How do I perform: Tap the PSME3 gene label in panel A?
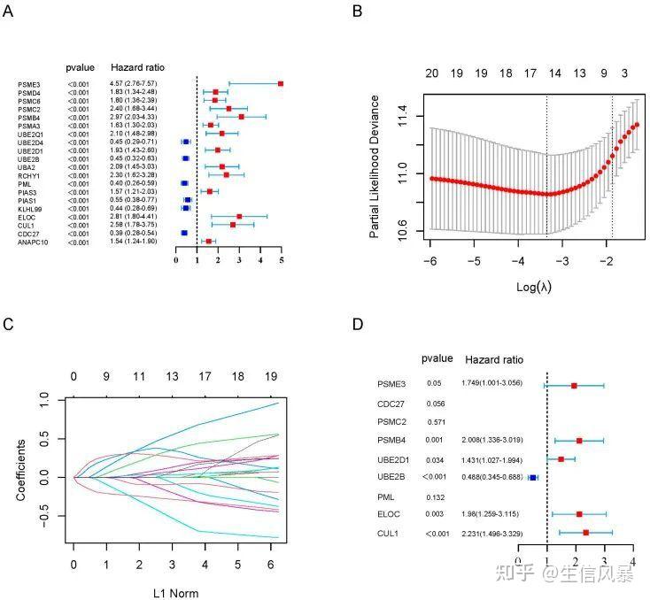click(28, 83)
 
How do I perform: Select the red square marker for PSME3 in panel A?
click(281, 83)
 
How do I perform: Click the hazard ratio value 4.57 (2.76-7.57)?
click(135, 83)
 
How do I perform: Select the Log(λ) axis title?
click(533, 288)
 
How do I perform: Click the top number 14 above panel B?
click(555, 74)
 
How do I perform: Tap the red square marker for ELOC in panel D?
click(579, 514)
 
